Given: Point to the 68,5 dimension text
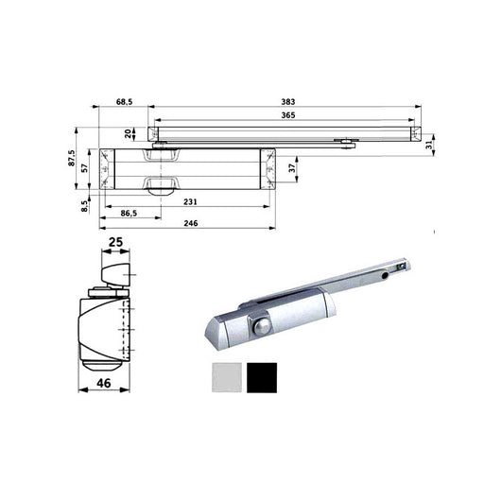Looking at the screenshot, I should (x=125, y=99).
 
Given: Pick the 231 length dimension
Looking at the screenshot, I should (x=190, y=202).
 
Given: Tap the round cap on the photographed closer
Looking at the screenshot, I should (x=260, y=326).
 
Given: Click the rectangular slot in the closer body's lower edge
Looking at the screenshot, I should (x=160, y=181).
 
